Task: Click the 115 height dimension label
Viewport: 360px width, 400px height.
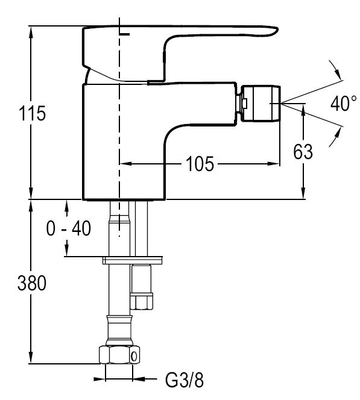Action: [33, 113]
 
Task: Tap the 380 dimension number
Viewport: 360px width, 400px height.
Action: [32, 283]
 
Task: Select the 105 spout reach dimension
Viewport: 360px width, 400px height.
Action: [200, 163]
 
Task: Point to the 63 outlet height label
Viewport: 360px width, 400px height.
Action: [303, 152]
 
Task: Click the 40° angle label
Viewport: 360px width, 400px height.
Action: [344, 104]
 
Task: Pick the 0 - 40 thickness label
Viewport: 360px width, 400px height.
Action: [68, 228]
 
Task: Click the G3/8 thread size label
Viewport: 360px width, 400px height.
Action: [185, 380]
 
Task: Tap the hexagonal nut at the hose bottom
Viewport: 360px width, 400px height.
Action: [119, 355]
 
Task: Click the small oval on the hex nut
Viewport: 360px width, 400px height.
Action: [134, 357]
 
